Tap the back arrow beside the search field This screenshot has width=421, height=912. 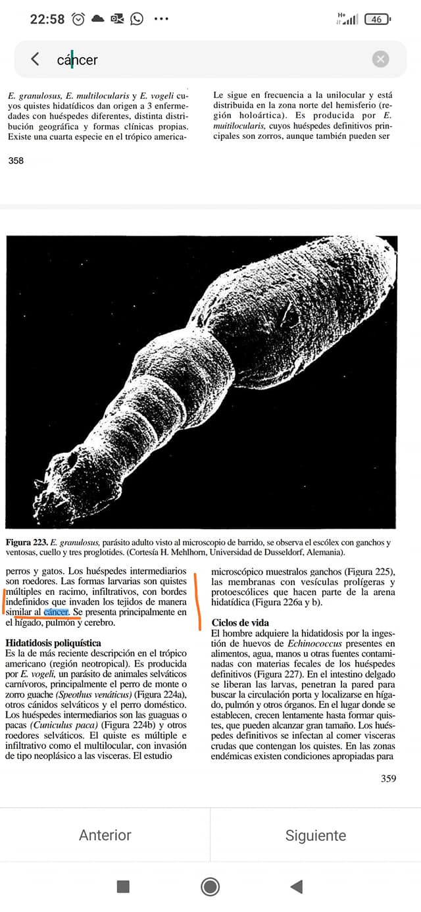[35, 59]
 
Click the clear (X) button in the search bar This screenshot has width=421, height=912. [380, 59]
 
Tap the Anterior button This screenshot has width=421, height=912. [105, 835]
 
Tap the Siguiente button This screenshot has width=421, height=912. [316, 835]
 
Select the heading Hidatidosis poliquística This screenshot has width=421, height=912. [53, 642]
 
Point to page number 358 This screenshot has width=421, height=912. [16, 160]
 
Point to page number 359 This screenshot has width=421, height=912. [388, 778]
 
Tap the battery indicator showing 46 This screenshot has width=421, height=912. [376, 19]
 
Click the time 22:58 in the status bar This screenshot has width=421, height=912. [47, 19]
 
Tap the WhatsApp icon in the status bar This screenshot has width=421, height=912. [137, 19]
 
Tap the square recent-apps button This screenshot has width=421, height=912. [123, 886]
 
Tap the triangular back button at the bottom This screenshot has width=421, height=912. [297, 886]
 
